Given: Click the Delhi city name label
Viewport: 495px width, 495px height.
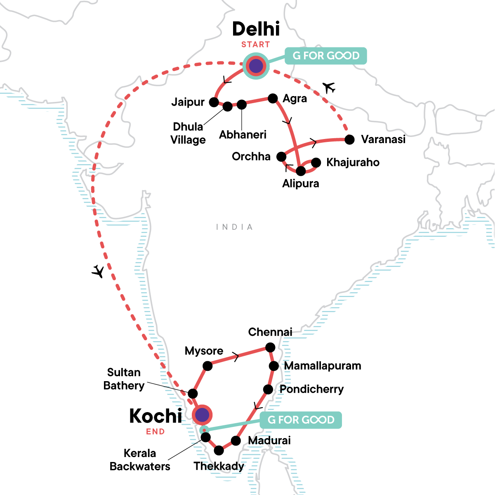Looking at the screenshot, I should [x=256, y=29].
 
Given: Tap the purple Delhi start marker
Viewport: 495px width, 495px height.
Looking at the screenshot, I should [x=256, y=66].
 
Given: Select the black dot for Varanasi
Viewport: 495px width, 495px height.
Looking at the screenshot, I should [x=349, y=140].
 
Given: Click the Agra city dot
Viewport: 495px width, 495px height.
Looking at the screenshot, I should [x=273, y=98].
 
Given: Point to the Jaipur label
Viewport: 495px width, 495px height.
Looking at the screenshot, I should [x=188, y=102].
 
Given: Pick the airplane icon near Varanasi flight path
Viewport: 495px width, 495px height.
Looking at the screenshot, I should [x=329, y=87].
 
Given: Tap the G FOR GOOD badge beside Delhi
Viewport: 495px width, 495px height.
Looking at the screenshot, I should [x=325, y=56].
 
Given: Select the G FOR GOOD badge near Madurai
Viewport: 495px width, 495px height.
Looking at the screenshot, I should [x=301, y=420].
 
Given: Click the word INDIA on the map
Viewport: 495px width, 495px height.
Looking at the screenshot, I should [x=234, y=227].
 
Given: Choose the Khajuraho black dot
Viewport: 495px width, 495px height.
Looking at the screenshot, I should [x=316, y=163].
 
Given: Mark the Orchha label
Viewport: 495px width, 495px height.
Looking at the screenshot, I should [x=251, y=157].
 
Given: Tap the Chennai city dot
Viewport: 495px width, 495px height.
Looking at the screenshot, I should [x=270, y=347].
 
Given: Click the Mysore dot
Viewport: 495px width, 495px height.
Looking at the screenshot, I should [x=207, y=366].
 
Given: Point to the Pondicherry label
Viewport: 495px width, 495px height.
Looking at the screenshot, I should [x=311, y=389].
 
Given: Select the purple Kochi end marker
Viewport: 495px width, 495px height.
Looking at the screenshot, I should [x=202, y=415].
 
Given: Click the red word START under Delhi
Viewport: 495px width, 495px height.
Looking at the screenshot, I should [x=256, y=45].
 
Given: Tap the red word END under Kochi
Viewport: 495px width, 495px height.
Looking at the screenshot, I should [x=156, y=432].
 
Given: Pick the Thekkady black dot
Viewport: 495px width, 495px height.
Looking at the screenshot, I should [x=219, y=450].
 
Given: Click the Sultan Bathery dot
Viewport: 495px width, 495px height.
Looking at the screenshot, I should [x=193, y=393].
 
